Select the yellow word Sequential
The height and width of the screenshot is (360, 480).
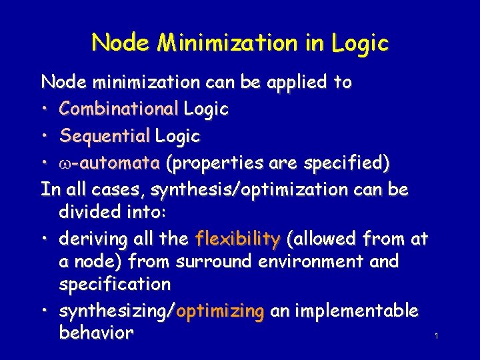pos(105,136)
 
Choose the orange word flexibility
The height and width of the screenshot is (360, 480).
pos(237,239)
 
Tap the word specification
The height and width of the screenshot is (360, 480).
pos(115,285)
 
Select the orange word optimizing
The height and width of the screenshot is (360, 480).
pos(220,311)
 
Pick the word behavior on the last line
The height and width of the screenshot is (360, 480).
pos(96,333)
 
